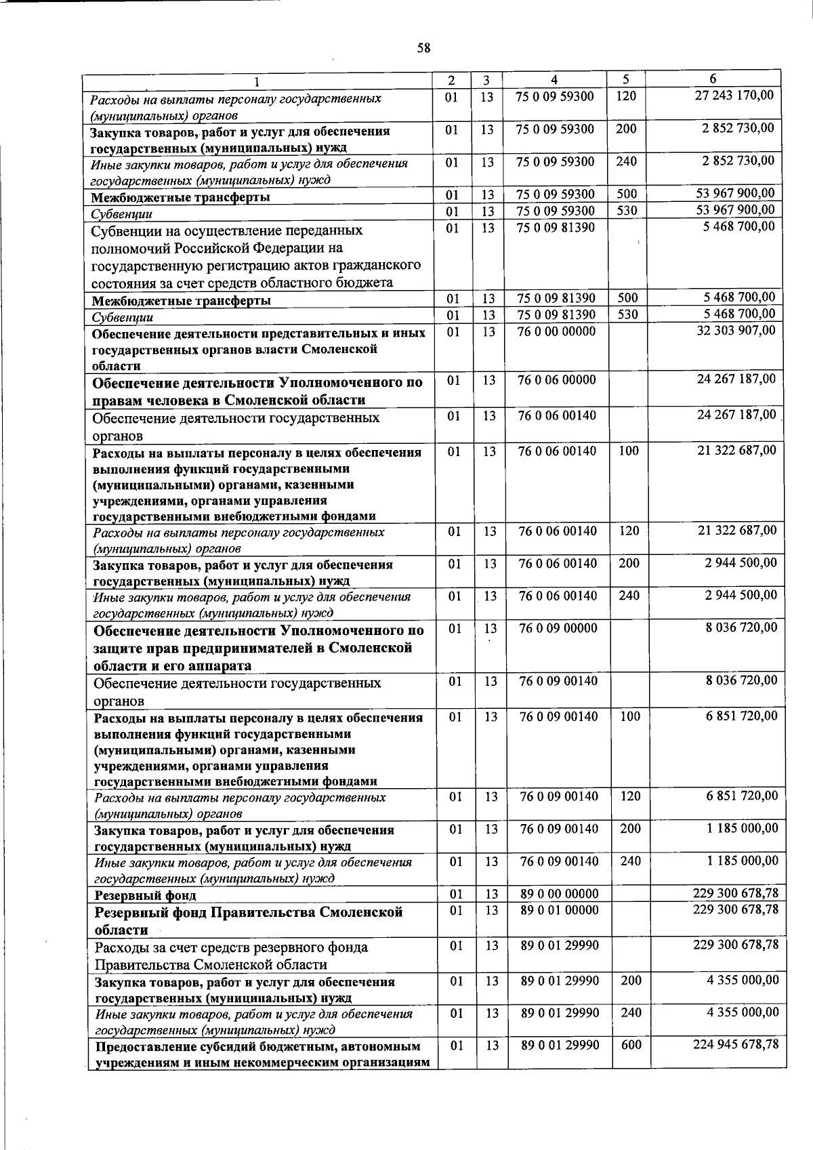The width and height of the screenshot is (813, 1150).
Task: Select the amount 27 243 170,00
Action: point(734,96)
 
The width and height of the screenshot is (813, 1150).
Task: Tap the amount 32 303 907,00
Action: point(736,330)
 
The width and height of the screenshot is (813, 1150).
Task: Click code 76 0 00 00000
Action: point(556,331)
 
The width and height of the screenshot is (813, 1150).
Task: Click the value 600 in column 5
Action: point(631,1046)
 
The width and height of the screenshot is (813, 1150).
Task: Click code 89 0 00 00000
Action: point(559,895)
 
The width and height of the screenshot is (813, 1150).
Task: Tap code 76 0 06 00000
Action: point(556,380)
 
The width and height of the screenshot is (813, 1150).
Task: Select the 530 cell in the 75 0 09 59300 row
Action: point(627,210)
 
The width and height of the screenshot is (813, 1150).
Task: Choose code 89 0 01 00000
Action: point(559,910)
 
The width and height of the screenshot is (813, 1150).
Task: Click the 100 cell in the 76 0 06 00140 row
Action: point(629,451)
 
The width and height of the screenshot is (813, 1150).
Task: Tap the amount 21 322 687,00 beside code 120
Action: point(737,530)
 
